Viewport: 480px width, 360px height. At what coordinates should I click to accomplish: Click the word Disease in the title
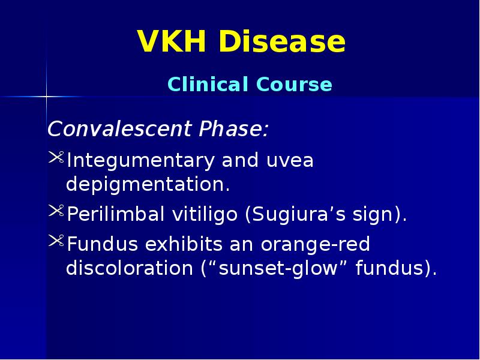point(281,43)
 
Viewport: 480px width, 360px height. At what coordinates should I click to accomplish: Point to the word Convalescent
point(113,129)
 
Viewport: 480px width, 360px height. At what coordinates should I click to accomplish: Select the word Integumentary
point(140,161)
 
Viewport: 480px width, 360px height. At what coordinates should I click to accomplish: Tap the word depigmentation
point(148,185)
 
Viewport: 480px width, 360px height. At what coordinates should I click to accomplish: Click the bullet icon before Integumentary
point(55,160)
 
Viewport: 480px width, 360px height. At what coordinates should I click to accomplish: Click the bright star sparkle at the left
point(46,96)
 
